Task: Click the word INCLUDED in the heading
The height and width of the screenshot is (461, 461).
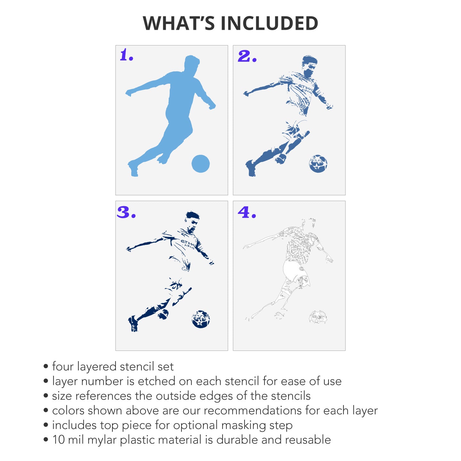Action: click(269, 23)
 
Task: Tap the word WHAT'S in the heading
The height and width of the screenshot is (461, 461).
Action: click(179, 23)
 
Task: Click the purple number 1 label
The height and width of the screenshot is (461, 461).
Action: click(126, 55)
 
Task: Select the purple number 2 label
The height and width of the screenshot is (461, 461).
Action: click(247, 56)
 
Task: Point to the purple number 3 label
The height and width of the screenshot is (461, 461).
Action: click(126, 212)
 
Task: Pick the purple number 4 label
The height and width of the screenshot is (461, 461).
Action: click(247, 212)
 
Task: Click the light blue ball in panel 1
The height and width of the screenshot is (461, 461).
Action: click(200, 164)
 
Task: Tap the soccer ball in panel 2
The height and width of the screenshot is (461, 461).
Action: click(318, 164)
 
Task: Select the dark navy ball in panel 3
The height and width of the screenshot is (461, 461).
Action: click(201, 319)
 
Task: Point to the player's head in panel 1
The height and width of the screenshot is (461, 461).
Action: click(191, 63)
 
